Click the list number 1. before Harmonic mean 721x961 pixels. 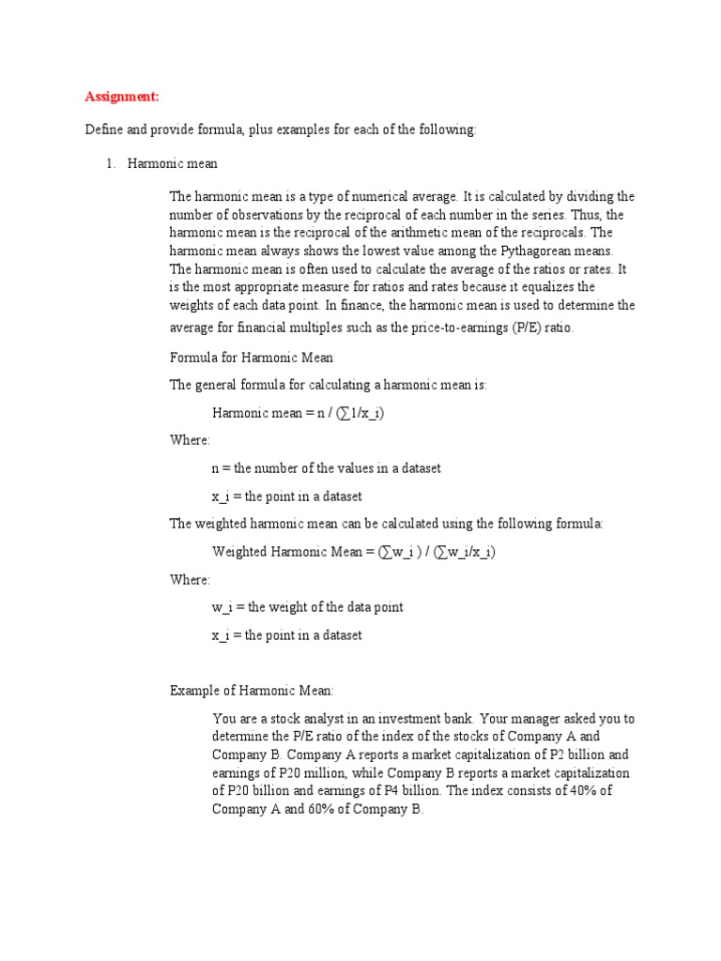pos(110,163)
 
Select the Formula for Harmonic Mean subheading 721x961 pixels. pos(251,358)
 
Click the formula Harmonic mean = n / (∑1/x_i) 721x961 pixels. pos(298,413)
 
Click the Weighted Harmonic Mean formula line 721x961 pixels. pos(353,552)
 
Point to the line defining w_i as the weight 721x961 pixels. pos(307,607)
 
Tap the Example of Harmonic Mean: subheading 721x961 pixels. pos(251,691)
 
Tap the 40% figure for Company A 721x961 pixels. pos(580,790)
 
